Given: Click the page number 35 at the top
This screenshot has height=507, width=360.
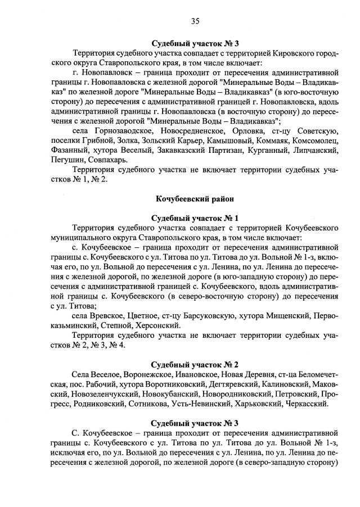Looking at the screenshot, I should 195,21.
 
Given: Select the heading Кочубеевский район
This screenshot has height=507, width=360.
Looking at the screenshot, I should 195,198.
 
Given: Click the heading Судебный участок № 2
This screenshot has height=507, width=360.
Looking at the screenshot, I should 195,364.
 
